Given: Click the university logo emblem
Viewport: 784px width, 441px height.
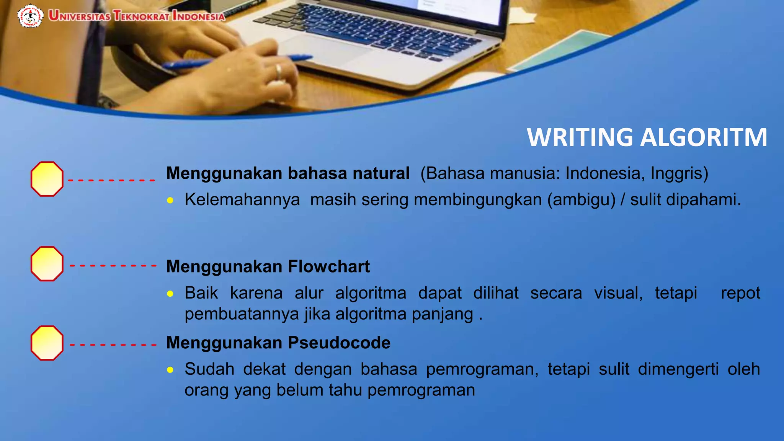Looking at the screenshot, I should coord(30,16).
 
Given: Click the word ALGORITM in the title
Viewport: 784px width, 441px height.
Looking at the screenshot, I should coord(704,137).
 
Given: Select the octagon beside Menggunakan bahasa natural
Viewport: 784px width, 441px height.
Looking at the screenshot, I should coord(47,179).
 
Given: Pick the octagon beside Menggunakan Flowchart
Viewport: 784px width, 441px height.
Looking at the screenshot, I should coord(47,264).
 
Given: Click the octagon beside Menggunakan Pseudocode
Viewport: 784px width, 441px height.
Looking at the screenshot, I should coord(47,343).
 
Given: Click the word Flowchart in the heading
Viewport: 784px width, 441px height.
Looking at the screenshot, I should coord(329,266).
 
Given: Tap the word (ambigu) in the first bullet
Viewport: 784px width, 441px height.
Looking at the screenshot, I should coord(581,200).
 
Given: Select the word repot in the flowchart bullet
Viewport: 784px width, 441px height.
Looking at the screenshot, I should coord(740,293).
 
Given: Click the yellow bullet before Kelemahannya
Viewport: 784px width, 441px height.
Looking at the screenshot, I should coord(170,201).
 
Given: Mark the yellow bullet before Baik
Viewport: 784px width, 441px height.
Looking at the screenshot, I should coord(170,294).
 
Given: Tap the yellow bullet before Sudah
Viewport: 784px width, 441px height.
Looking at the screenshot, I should coord(170,370).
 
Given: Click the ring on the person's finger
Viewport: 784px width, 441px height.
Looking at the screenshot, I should coord(279,71).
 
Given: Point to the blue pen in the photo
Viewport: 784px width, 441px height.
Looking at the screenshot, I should coord(237,62).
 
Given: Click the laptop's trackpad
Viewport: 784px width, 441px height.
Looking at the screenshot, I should coord(325,50).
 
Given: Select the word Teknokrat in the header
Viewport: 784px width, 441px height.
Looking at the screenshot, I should coord(141,16).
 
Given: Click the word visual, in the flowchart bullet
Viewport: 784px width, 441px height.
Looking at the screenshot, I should coord(618,293).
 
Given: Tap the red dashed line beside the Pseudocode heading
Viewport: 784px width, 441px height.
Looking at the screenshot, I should coord(113,345).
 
